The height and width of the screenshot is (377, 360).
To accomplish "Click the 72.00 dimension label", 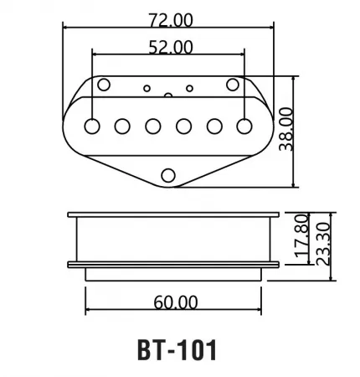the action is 171,20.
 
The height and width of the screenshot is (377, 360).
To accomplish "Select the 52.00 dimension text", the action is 171,47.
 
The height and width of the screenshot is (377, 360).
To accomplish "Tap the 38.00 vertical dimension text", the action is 286,129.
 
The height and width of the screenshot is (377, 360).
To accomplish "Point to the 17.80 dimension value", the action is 302,236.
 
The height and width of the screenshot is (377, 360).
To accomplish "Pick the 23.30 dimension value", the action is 323,244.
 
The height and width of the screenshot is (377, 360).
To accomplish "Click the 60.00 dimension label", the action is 176,302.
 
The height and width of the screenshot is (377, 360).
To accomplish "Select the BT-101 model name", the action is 177,350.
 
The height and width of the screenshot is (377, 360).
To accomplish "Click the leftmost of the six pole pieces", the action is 92,126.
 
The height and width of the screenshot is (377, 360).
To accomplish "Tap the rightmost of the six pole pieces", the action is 244,126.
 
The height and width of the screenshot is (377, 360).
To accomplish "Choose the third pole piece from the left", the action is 153,126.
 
